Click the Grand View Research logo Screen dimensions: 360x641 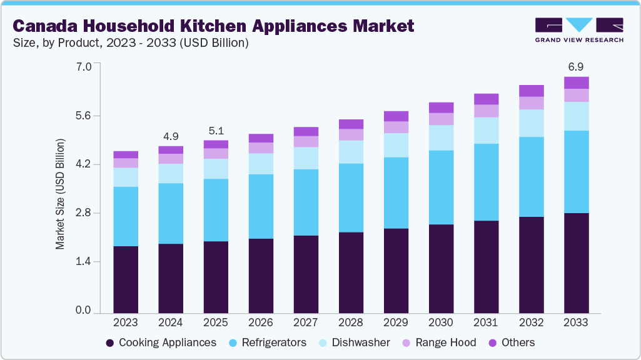click(578, 29)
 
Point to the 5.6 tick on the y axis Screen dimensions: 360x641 click(83, 116)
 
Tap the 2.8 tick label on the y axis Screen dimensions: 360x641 click(83, 213)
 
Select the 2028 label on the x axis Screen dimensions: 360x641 click(351, 322)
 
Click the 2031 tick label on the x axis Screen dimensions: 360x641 click(486, 322)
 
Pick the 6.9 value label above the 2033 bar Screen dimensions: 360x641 click(576, 66)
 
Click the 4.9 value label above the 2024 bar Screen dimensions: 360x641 click(171, 136)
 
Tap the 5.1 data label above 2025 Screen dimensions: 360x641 click(216, 131)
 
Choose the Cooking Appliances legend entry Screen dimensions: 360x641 click(161, 342)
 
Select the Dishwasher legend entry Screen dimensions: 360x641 click(354, 342)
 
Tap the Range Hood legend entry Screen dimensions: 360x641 click(439, 342)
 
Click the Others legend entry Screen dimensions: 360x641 click(511, 342)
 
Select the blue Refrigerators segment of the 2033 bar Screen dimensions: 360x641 click(576, 172)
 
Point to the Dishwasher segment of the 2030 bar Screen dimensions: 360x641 click(441, 137)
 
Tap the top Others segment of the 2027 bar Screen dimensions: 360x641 click(306, 131)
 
